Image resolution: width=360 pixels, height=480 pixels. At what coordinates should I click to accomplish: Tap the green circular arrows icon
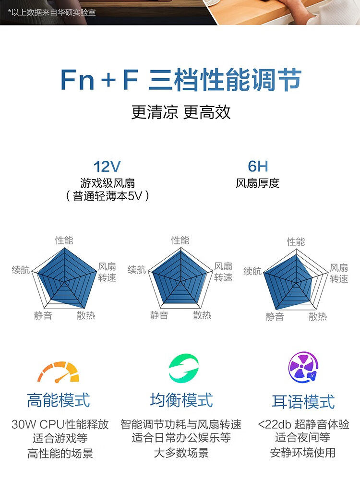183,369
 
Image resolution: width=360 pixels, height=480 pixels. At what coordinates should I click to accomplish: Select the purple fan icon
303,368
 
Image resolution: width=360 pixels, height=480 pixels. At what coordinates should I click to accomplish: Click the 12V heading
107,167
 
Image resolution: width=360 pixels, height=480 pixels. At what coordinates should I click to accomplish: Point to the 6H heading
258,167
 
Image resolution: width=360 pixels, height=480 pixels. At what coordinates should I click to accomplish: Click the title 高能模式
59,400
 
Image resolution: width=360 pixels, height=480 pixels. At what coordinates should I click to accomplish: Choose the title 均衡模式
181,400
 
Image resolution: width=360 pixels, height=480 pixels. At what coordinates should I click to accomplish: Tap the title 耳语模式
303,401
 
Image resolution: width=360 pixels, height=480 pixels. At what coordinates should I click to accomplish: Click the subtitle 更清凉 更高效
181,112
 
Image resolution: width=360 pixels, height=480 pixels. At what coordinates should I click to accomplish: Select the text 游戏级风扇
108,183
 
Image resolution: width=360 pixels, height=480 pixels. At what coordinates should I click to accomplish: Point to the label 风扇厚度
258,183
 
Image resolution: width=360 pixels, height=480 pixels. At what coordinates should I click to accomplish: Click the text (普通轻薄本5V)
108,196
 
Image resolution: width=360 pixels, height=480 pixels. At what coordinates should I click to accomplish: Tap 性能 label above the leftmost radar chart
64,240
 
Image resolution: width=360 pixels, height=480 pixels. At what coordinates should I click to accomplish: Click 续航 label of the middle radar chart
137,270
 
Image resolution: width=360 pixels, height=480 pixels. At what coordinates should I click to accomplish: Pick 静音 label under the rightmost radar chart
275,317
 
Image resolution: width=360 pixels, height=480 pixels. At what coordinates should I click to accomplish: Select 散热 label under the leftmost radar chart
86,315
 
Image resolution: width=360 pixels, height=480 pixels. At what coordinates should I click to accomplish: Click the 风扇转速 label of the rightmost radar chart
339,273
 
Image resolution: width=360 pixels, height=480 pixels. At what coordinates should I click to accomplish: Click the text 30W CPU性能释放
60,425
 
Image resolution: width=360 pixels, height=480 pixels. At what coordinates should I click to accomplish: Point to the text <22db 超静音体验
303,425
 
